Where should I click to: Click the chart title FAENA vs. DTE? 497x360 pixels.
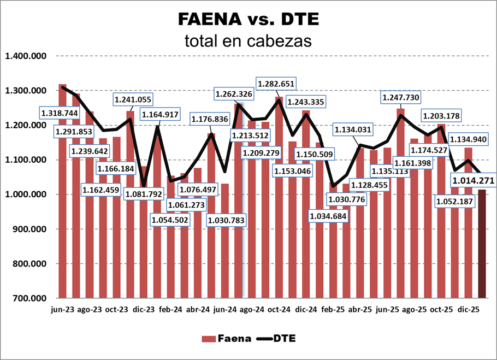point(248,20)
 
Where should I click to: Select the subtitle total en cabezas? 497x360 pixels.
point(248,40)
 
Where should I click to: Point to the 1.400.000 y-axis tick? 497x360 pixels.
point(26,56)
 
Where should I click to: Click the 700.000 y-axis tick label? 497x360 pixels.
point(26,298)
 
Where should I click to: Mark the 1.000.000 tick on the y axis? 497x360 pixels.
point(26,194)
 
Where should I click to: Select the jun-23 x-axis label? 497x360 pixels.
point(62,309)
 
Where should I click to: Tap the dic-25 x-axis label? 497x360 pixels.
point(469,309)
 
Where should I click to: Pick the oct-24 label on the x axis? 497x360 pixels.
point(279,309)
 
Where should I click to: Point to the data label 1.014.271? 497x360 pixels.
point(473,179)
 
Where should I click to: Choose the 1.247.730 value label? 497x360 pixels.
point(404,97)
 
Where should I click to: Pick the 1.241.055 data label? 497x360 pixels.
point(134,99)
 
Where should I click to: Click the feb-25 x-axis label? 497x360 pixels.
point(333,309)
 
